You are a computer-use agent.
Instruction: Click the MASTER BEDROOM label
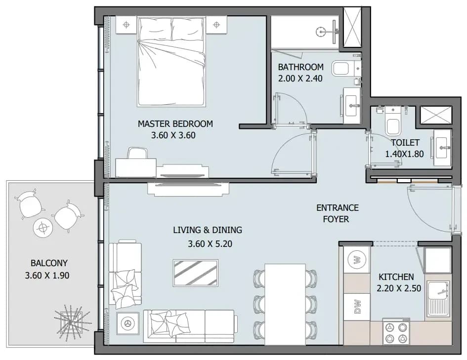pos(175,123)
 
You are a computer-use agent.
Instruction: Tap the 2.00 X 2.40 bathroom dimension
pos(300,79)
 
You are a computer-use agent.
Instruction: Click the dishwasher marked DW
pos(357,307)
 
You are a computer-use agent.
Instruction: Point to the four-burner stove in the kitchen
pos(396,332)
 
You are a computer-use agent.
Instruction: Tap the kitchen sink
pos(439,298)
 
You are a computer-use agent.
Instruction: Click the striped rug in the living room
pos(195,273)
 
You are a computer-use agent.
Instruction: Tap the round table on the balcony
pos(43,228)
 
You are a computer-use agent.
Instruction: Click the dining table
pos(285,304)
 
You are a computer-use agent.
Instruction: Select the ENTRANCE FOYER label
pos(337,213)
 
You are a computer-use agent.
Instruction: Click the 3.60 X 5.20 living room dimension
pos(210,244)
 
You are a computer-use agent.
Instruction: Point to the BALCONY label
pos(49,263)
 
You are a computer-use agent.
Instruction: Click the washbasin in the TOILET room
pos(443,148)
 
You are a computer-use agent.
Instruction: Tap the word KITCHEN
pos(396,277)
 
